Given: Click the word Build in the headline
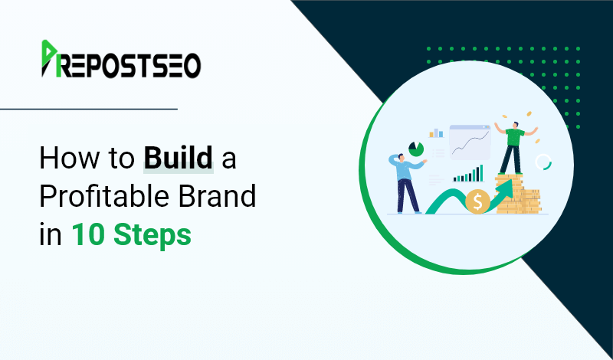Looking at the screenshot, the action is coord(179,159).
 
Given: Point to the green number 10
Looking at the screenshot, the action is coord(88,234).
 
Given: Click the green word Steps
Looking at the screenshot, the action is coord(152,236).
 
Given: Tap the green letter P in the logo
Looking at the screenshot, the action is coord(50,58).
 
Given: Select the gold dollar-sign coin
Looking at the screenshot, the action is coord(477,201).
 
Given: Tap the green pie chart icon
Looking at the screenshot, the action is coord(416,149).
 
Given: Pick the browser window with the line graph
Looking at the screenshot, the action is coord(470,142).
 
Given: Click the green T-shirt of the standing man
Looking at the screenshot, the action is coord(515,137).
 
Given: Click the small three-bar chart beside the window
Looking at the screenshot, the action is coord(436,133).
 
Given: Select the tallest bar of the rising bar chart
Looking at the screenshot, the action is coord(481,173).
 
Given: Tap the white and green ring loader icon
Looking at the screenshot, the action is coord(543,162).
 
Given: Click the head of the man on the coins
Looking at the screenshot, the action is coord(516,125).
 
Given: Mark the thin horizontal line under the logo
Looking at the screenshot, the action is coord(89,109).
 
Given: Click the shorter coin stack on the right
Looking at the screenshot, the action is coord(531,201).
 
